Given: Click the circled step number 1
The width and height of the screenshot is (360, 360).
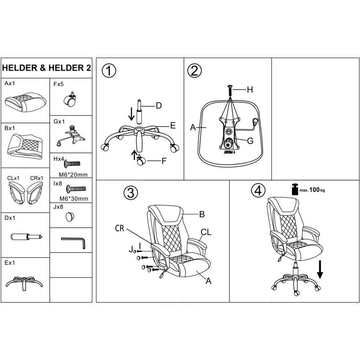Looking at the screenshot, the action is point(109,71).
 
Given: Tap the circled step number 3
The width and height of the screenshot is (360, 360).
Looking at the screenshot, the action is point(131,192).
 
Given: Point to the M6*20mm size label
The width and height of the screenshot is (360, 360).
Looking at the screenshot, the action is point(73,175).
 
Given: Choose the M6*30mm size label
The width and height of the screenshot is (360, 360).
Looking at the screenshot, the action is point(74,199).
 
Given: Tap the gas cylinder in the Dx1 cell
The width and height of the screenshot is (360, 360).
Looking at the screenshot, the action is point(27,237).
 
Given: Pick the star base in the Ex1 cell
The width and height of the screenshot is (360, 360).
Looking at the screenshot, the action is point(24,284).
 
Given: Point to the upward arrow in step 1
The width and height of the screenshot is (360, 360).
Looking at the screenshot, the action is point(134,155).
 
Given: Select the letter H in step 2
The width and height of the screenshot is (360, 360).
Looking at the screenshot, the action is point(250,90).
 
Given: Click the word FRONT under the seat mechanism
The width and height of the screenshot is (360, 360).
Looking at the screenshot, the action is point(230,152).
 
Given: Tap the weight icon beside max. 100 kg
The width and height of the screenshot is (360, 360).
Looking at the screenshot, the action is point(295,189).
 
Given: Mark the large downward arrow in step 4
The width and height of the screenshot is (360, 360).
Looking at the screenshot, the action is point(320,270).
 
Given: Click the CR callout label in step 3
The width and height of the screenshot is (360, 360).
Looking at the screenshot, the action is point(120,229).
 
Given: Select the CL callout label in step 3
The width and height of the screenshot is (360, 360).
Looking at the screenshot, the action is point(206,232).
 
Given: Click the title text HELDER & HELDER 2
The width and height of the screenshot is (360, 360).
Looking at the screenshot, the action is point(46,68).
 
